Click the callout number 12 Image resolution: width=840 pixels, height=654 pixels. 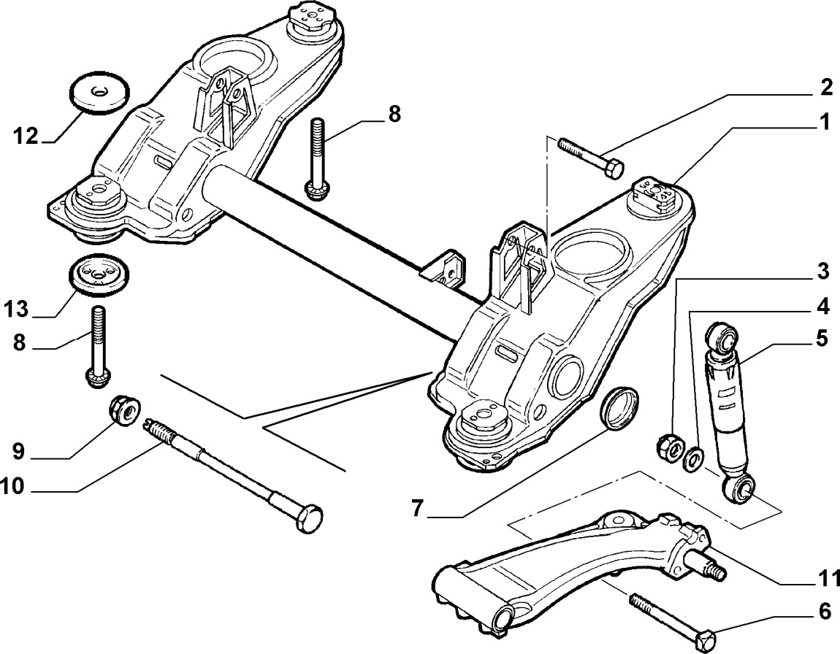coord(25,136)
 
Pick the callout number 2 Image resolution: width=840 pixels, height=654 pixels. coord(825,88)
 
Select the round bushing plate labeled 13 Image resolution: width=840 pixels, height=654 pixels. coord(99,275)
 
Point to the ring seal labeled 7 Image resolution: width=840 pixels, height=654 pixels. coord(619,407)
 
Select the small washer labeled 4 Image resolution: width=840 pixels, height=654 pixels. coord(693,458)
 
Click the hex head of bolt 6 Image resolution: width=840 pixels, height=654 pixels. coord(708,639)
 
